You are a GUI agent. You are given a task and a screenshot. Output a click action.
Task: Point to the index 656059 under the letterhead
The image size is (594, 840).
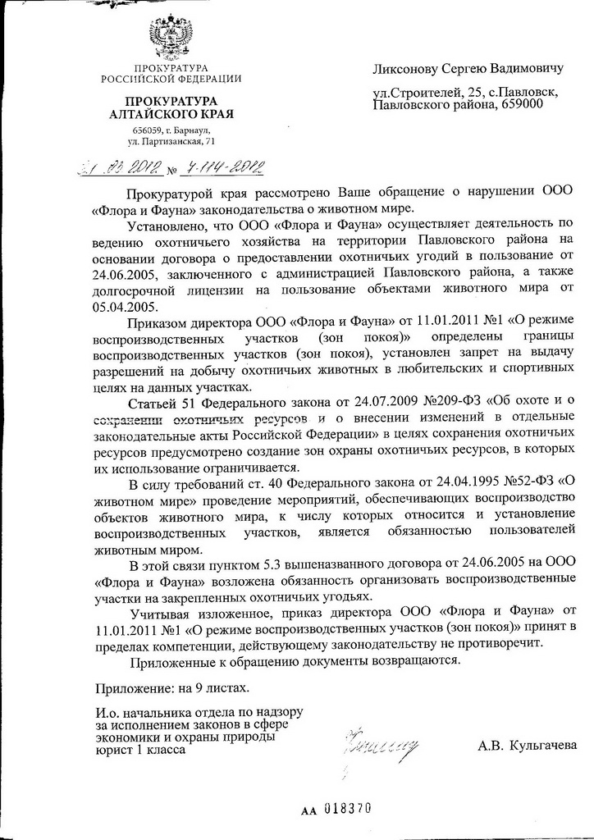click(x=148, y=130)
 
